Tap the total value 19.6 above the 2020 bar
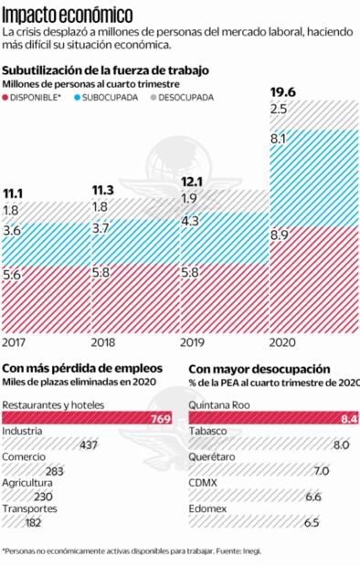click(281, 91)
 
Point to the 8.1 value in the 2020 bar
click(280, 139)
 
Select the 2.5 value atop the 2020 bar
click(280, 110)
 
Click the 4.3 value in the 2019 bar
click(191, 222)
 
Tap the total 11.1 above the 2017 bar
click(14, 194)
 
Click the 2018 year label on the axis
click(103, 343)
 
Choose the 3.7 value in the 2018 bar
click(101, 227)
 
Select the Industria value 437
click(88, 445)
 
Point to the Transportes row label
click(30, 508)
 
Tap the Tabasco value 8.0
click(341, 445)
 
